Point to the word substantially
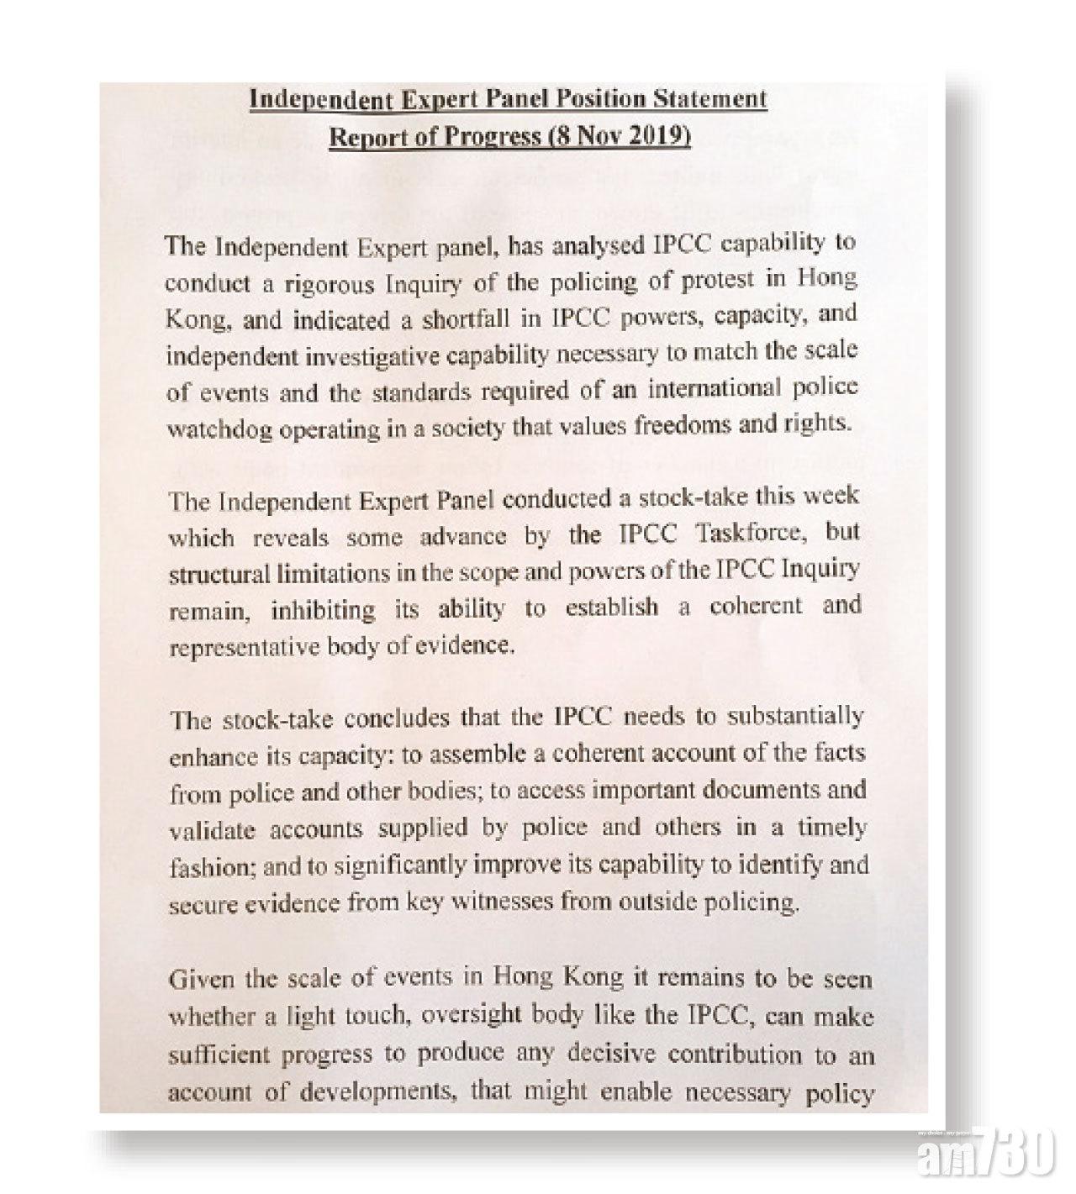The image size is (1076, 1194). [795, 717]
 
